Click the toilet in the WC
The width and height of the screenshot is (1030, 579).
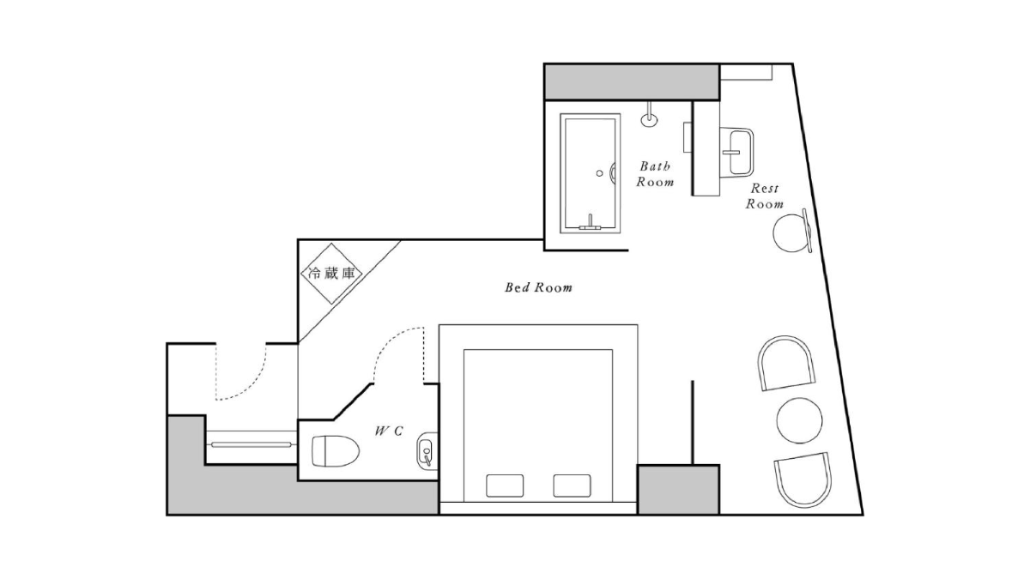[336, 451]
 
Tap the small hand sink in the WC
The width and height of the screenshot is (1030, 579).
[425, 451]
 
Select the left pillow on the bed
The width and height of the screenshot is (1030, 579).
[505, 486]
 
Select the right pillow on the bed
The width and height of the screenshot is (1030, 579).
[572, 486]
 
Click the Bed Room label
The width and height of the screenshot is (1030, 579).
[538, 287]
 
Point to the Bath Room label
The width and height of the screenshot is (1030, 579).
[655, 173]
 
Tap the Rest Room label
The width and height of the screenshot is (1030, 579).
[765, 196]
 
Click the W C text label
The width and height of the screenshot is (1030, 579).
[389, 431]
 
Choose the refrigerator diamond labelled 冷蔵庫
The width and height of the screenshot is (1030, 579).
[331, 274]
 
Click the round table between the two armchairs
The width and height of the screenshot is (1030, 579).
[799, 420]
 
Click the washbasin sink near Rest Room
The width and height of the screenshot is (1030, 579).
[736, 152]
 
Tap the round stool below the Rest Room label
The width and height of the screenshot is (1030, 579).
[791, 233]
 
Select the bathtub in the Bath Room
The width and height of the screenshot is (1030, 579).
[591, 173]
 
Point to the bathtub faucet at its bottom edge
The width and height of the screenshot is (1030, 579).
[590, 224]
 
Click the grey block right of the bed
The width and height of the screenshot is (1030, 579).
[678, 490]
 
